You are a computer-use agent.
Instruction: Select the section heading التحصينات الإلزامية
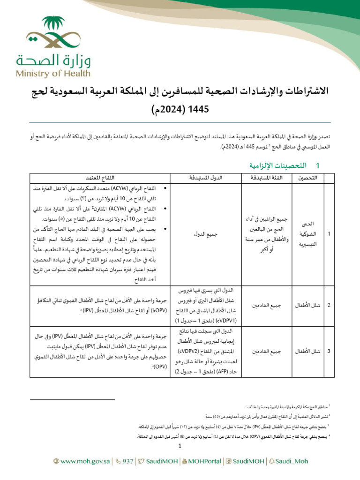click(x=273, y=166)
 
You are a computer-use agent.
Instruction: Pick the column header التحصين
click(x=307, y=178)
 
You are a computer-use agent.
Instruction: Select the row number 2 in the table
click(x=329, y=306)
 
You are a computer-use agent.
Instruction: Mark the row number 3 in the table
click(x=329, y=351)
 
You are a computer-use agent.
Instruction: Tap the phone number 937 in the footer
click(x=124, y=461)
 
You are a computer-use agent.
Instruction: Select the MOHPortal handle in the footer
click(x=205, y=461)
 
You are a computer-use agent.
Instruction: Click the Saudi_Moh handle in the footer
click(x=292, y=461)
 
